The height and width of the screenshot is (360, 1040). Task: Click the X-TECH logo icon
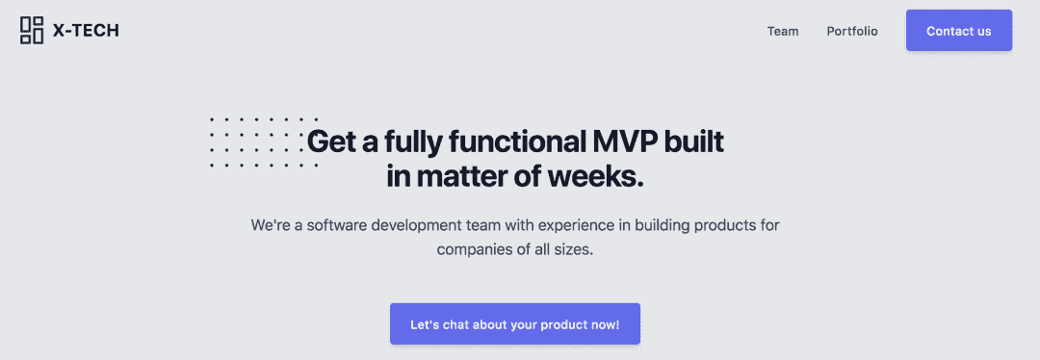pos(32,31)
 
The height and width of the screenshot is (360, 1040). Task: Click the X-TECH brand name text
pos(86,31)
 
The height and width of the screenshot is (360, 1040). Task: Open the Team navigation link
pos(783,31)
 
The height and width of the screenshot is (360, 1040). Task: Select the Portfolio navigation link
pos(852,31)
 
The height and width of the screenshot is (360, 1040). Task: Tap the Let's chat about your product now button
pos(514,324)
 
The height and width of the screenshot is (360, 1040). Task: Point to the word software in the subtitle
pos(335,225)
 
